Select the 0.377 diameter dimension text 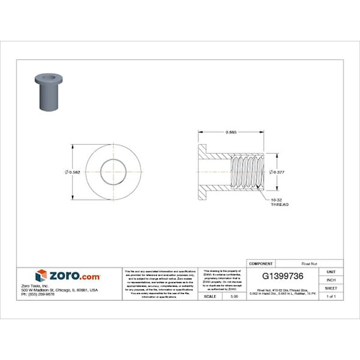(x=278, y=172)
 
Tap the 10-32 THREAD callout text (x=279, y=202)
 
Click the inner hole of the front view (x=113, y=171)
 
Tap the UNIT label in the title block (x=331, y=271)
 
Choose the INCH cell (x=331, y=279)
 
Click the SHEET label (x=331, y=287)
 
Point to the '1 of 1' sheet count (x=331, y=296)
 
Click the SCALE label (x=209, y=296)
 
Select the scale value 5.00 (x=234, y=296)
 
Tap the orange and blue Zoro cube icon (x=41, y=275)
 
